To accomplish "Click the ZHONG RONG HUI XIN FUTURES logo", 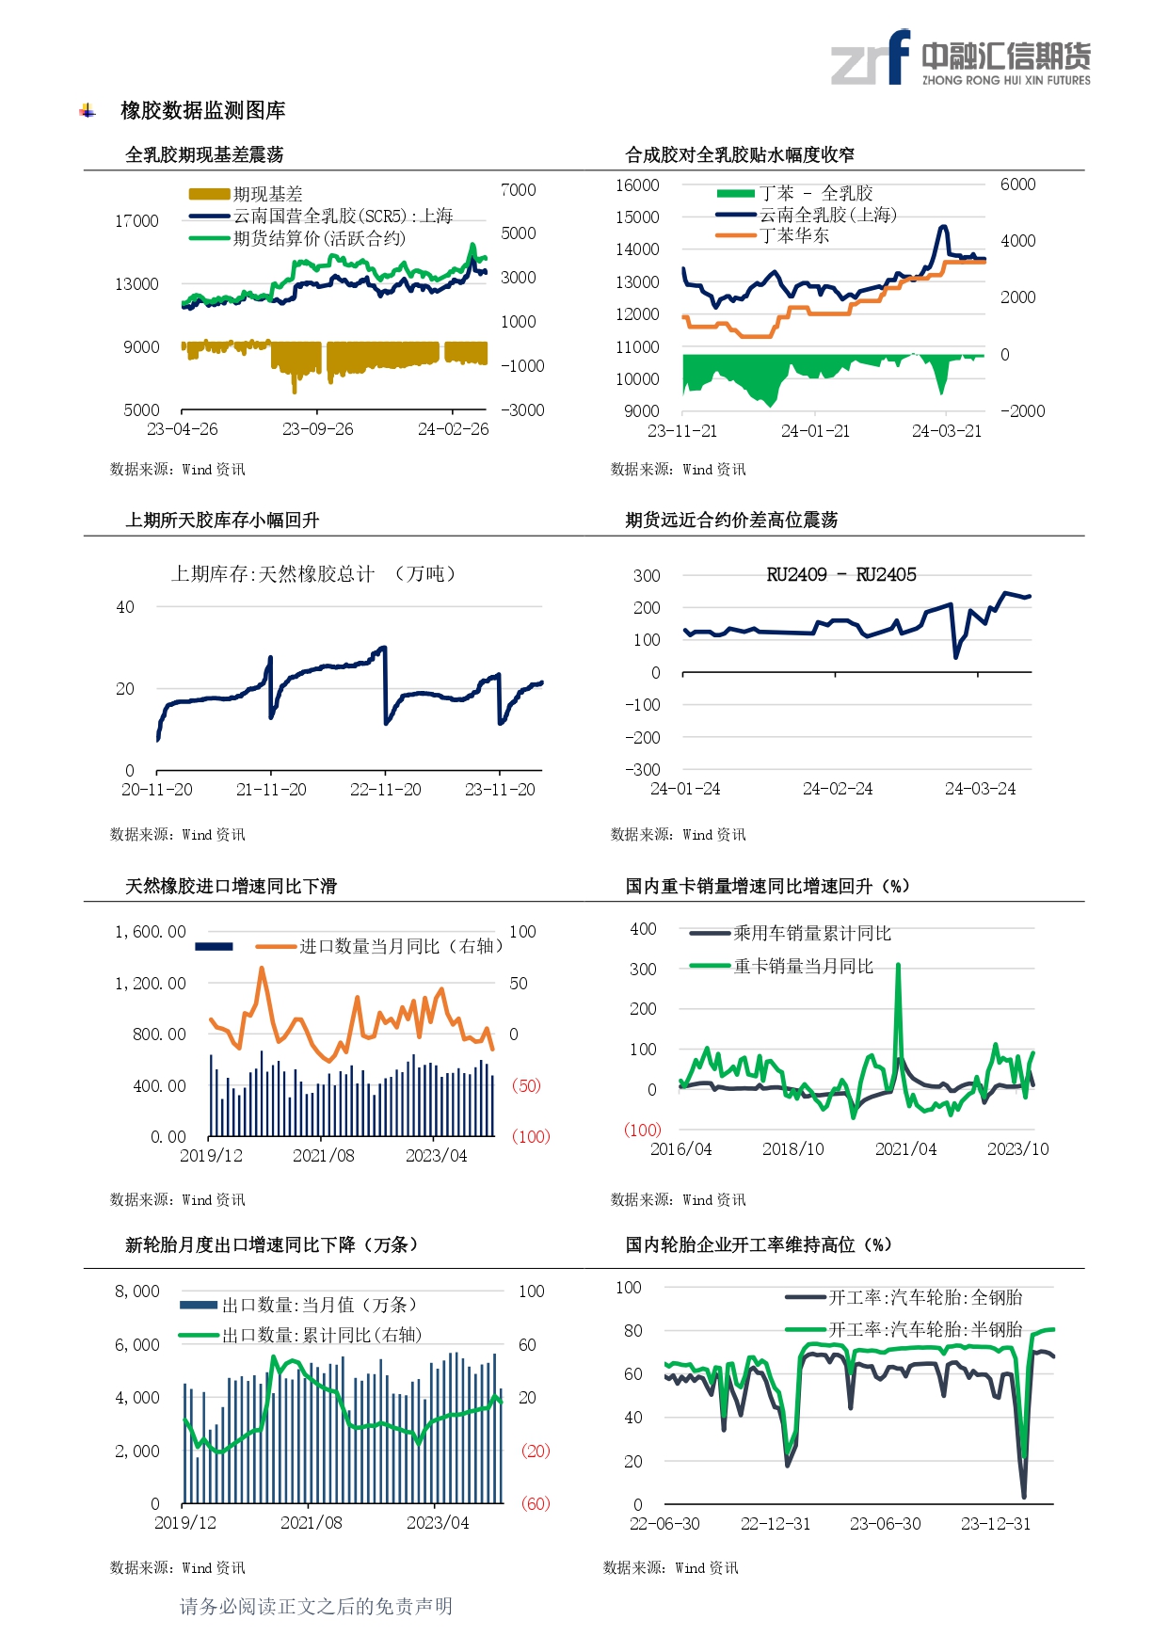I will pyautogui.click(x=960, y=58).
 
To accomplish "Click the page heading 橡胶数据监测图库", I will pyautogui.click(x=202, y=111).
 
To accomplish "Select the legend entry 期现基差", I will pyautogui.click(x=267, y=194).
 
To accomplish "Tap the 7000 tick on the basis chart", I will pyautogui.click(x=518, y=190).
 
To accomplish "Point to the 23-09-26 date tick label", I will pyautogui.click(x=317, y=429).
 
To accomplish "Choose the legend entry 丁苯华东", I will pyautogui.click(x=794, y=235).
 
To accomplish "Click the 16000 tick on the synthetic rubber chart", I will pyautogui.click(x=637, y=185).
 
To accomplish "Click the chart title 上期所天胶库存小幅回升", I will pyautogui.click(x=222, y=521).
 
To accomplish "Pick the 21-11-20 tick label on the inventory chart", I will pyautogui.click(x=271, y=790).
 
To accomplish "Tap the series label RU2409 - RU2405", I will pyautogui.click(x=840, y=575).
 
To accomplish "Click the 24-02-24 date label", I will pyautogui.click(x=837, y=789).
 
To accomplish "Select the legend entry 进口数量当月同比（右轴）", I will pyautogui.click(x=400, y=946).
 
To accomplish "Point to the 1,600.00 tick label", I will pyautogui.click(x=151, y=932).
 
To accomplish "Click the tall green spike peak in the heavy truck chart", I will pyautogui.click(x=898, y=966).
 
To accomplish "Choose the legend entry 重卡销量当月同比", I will pyautogui.click(x=803, y=966).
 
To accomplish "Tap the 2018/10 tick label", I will pyautogui.click(x=792, y=1149).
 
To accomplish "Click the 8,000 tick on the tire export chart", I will pyautogui.click(x=137, y=1291).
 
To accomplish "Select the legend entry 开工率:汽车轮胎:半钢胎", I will pyautogui.click(x=924, y=1329).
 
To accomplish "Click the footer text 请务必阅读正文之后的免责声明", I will pyautogui.click(x=316, y=1606).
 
